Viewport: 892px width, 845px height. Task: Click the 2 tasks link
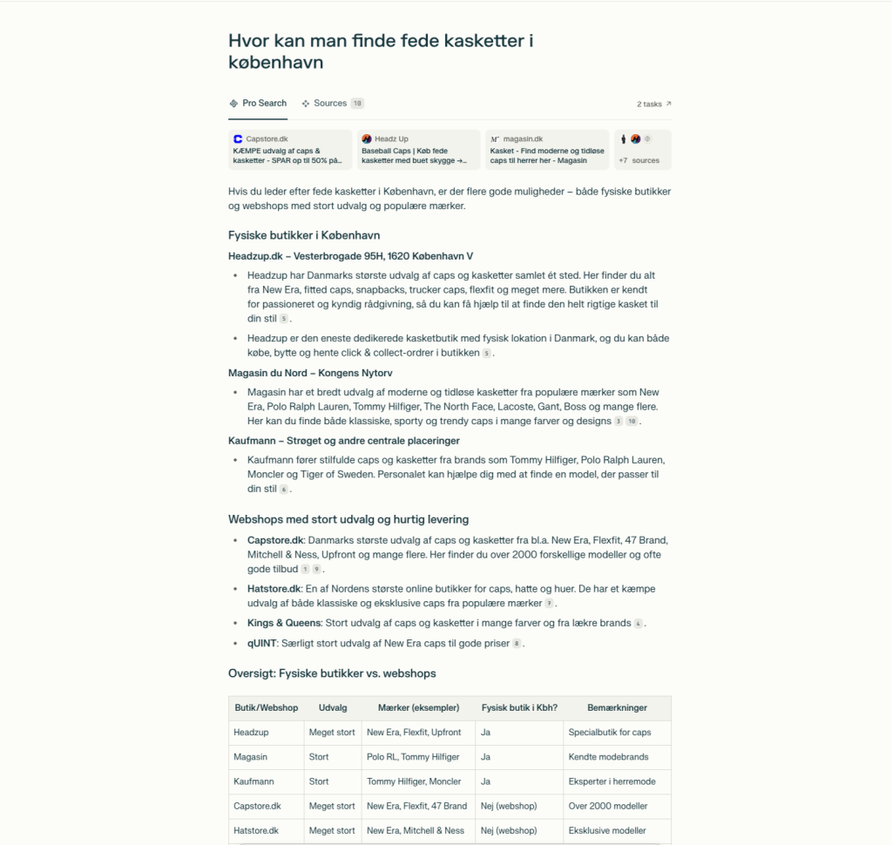(653, 104)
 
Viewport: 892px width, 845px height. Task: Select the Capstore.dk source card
(289, 149)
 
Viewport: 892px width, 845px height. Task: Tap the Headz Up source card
(417, 149)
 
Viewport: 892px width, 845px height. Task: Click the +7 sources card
(642, 149)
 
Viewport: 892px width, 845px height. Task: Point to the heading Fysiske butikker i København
(304, 235)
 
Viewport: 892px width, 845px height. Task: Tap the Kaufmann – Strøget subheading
(343, 441)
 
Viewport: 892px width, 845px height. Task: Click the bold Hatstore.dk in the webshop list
(272, 590)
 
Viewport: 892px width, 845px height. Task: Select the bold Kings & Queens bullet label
(284, 623)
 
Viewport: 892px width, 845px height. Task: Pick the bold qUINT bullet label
(261, 643)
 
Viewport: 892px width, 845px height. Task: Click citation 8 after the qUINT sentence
(517, 644)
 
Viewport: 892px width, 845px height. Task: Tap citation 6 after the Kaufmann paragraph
(284, 490)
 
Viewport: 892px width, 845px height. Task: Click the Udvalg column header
(332, 707)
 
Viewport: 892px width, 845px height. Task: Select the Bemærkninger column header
(617, 707)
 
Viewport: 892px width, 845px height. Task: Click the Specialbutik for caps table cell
(610, 733)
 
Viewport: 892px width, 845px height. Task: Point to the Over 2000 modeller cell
(606, 806)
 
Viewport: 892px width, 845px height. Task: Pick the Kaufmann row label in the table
(253, 781)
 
